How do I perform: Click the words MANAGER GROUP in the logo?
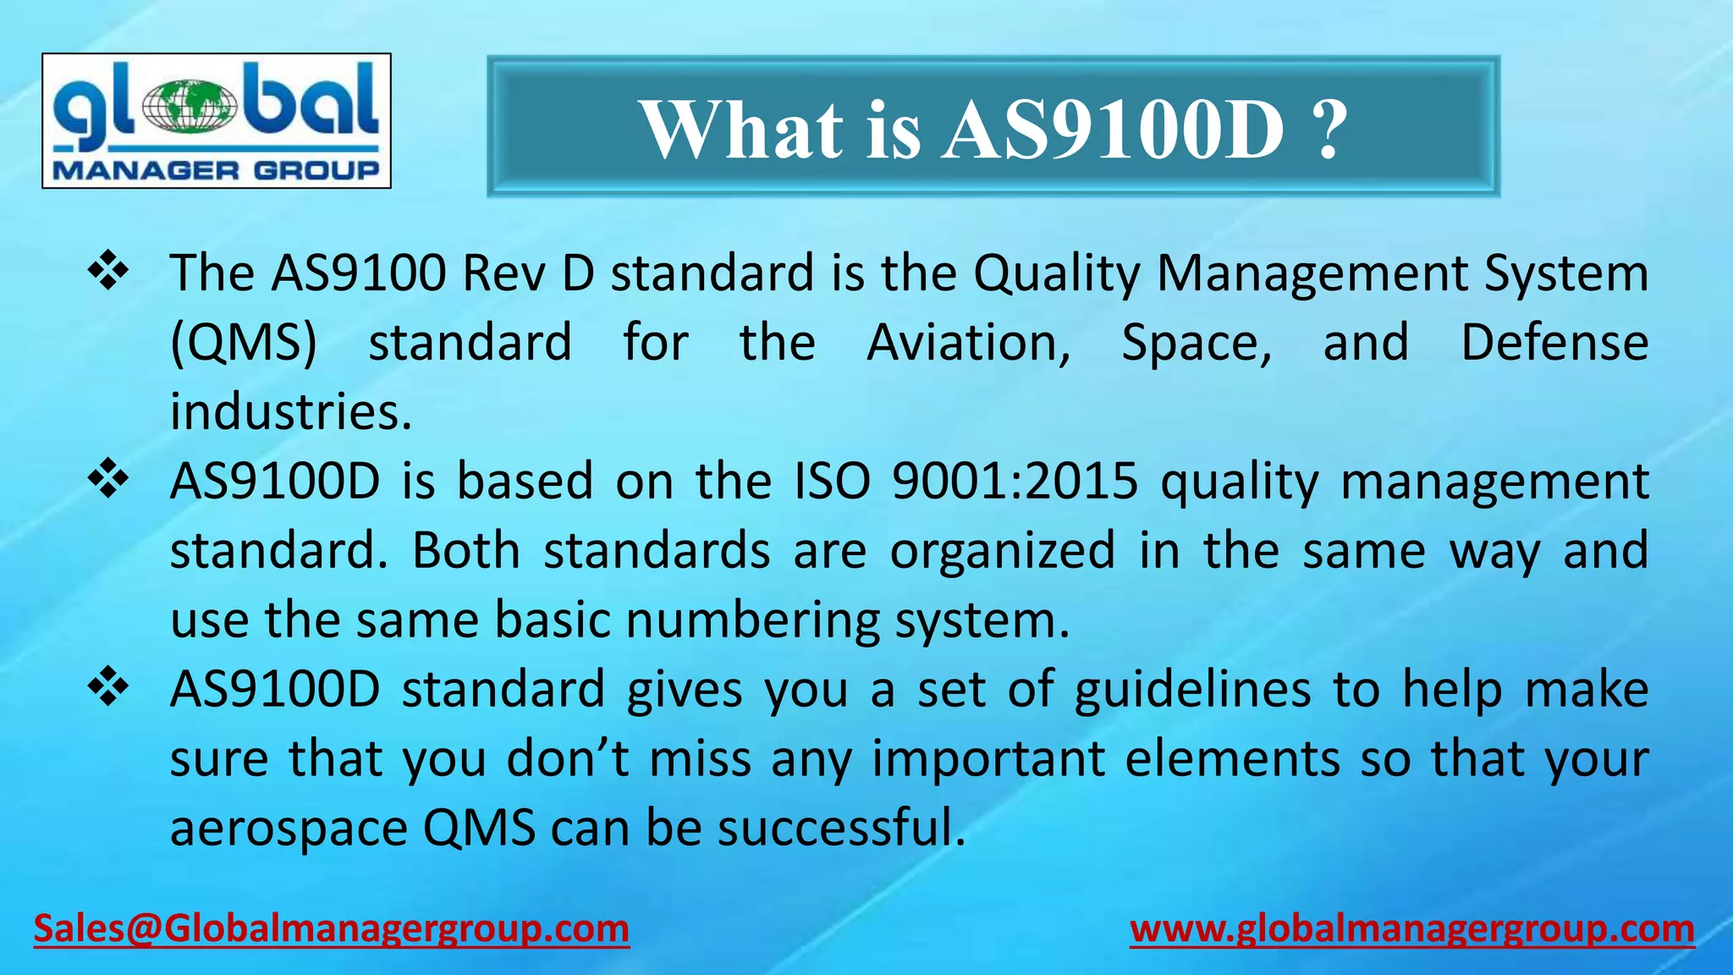(216, 170)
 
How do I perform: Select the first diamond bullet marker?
(108, 273)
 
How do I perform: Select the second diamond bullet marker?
(108, 481)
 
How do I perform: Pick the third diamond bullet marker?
(108, 688)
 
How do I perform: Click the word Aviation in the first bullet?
(969, 343)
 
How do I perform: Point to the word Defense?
(1554, 343)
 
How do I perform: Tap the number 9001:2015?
(1015, 481)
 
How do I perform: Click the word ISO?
(833, 481)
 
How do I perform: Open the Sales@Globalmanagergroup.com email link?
(331, 928)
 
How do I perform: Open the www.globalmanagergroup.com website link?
(1412, 928)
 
